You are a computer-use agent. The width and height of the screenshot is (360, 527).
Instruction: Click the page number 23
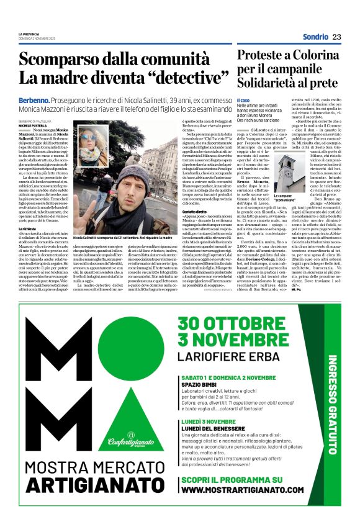point(336,37)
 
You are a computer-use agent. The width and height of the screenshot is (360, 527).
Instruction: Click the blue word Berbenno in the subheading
point(34,99)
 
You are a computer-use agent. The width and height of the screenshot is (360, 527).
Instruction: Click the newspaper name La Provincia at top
point(28,34)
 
